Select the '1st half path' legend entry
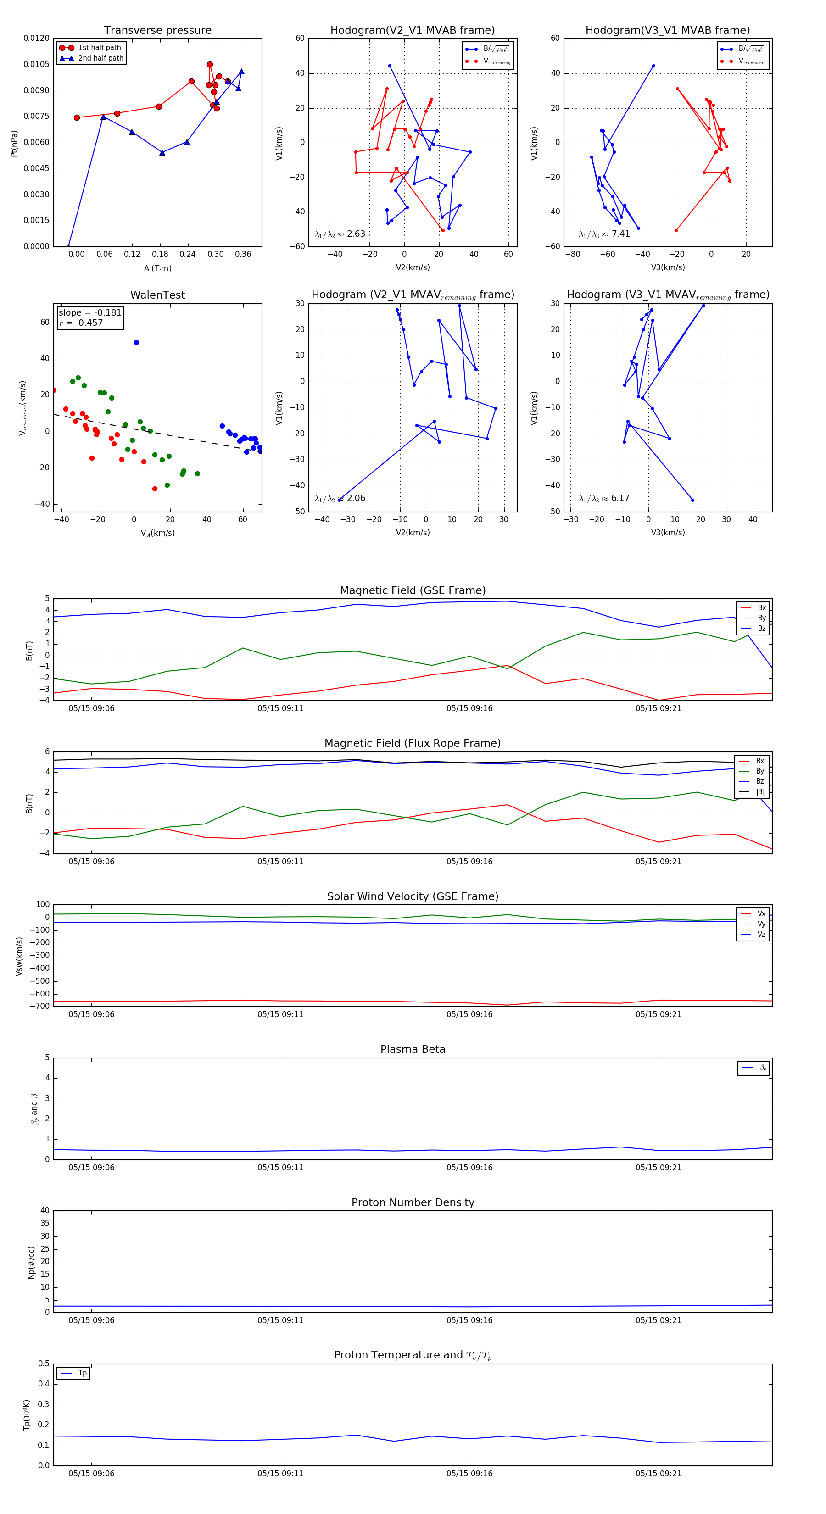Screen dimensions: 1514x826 (100, 48)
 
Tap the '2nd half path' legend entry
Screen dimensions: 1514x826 (100, 58)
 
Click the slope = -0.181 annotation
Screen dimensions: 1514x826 (90, 313)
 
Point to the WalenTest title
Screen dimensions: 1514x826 (157, 295)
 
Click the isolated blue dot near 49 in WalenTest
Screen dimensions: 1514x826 (136, 343)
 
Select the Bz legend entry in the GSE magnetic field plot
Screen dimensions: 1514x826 (761, 628)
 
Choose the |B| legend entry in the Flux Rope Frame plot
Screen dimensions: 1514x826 (760, 792)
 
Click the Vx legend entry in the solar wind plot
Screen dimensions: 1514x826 (761, 913)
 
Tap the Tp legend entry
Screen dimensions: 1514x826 (82, 1373)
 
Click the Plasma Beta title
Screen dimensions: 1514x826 (413, 1050)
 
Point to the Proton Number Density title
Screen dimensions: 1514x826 (413, 1202)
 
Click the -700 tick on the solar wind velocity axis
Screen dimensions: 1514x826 (42, 1006)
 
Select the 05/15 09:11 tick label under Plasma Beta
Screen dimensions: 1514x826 (280, 1167)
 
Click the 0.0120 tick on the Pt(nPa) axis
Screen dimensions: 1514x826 (36, 38)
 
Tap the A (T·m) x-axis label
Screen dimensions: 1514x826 (157, 268)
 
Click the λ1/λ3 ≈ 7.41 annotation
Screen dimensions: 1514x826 (604, 234)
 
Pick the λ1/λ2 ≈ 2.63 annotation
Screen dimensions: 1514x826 (340, 234)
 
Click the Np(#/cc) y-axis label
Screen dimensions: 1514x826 (31, 1263)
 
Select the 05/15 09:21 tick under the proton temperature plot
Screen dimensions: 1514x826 (659, 1474)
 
